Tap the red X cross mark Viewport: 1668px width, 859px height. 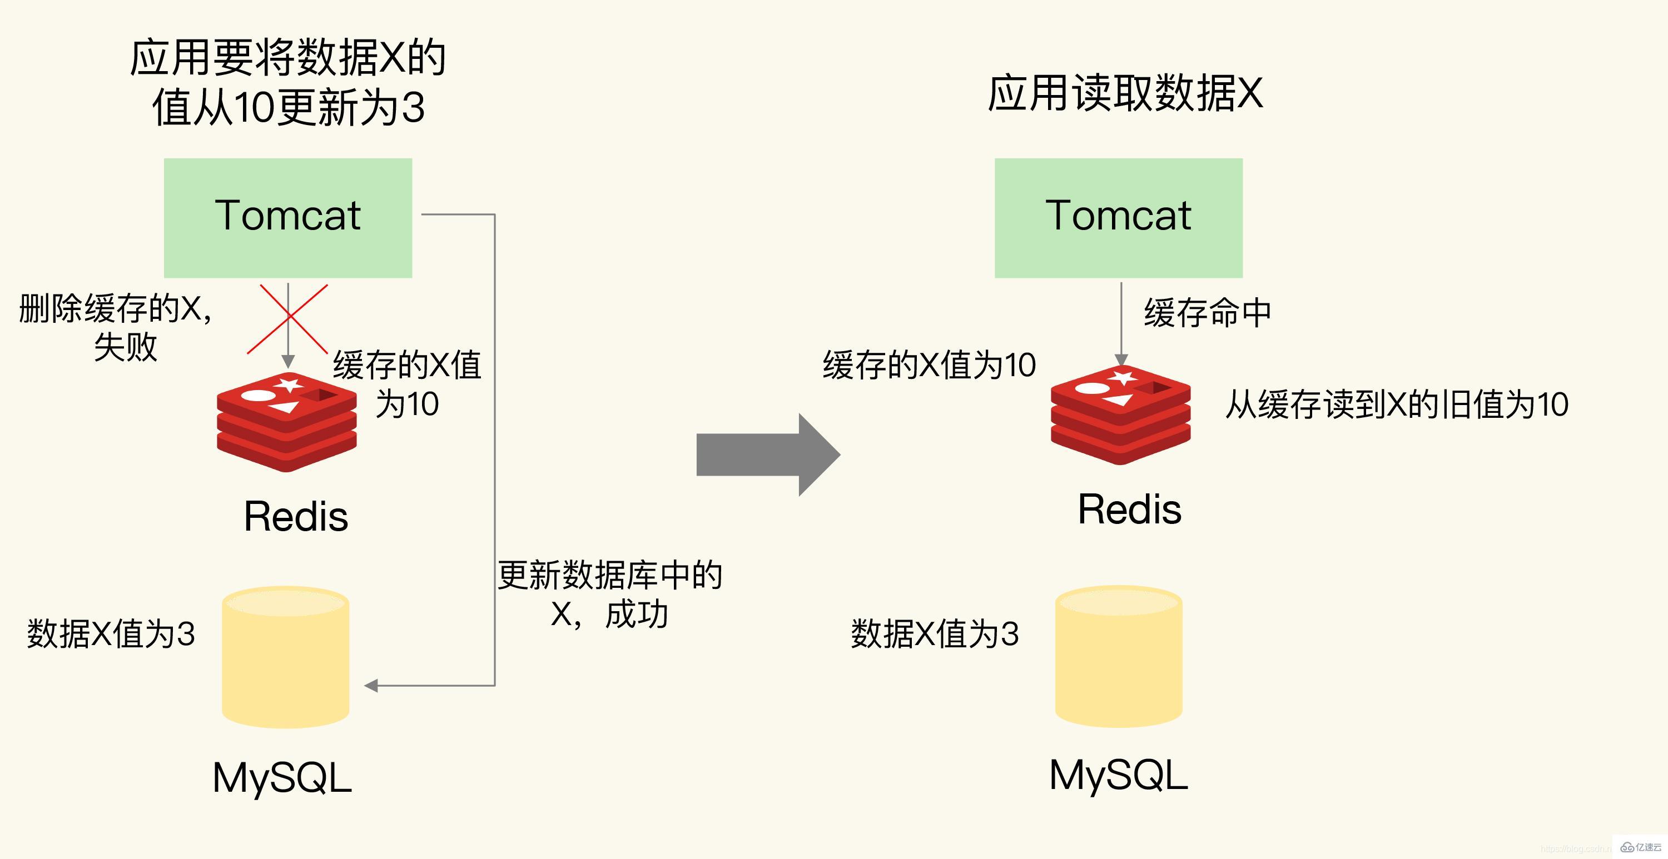click(x=287, y=318)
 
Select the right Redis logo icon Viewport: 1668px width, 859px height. click(x=1120, y=414)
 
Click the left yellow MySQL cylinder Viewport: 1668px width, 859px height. click(x=286, y=657)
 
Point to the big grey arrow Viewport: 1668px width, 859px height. click(x=767, y=455)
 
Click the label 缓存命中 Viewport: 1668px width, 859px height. click(x=1208, y=313)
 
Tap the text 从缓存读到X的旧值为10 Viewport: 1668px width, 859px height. click(x=1397, y=404)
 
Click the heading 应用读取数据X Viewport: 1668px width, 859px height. click(x=1125, y=94)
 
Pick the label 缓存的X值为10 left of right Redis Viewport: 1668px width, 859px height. click(x=929, y=364)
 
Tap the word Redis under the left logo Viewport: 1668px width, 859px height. click(x=296, y=517)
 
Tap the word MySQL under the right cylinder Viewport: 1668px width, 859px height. click(x=1118, y=775)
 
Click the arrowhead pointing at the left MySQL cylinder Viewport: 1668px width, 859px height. click(x=371, y=686)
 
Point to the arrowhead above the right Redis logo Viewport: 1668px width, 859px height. click(x=1121, y=360)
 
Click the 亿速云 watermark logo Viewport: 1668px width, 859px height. click(x=1641, y=847)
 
